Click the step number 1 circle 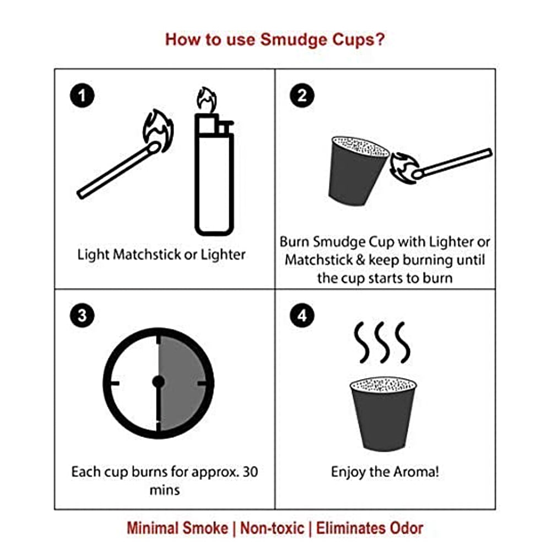[82, 96]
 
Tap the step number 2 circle [302, 96]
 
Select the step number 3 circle [82, 316]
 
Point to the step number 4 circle [302, 316]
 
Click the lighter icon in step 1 [214, 176]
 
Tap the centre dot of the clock [159, 381]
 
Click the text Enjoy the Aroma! [385, 472]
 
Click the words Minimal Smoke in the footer [177, 528]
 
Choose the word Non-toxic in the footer [271, 528]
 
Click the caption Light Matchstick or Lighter [161, 255]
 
